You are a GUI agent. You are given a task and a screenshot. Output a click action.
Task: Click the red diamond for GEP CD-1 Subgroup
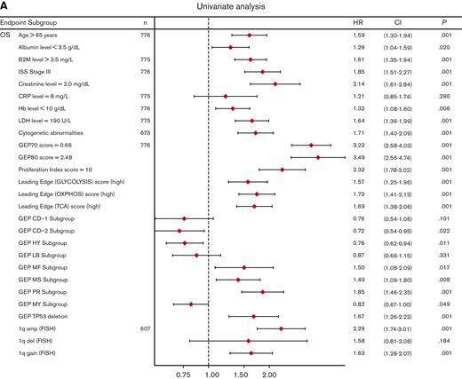(184, 217)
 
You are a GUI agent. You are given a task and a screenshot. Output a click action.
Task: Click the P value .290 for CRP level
(437, 95)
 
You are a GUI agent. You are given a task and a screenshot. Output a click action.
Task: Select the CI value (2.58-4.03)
(398, 144)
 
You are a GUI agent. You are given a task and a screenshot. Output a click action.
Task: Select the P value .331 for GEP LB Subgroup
(437, 255)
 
